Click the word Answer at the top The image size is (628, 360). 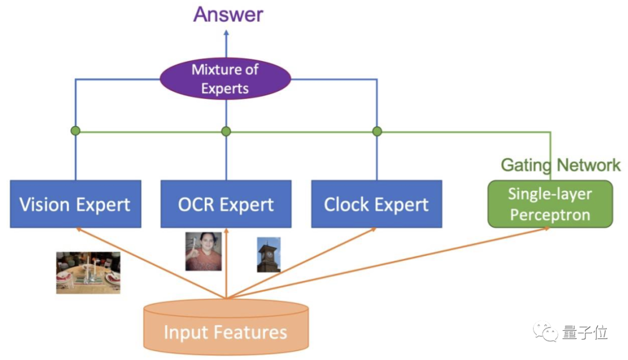click(228, 14)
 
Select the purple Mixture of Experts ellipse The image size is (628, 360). click(225, 79)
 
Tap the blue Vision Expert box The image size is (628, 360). click(75, 204)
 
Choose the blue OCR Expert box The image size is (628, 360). click(226, 204)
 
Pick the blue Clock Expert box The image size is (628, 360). click(376, 204)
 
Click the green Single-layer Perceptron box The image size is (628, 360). click(549, 204)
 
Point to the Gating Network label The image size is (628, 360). click(560, 165)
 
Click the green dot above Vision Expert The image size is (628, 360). click(76, 131)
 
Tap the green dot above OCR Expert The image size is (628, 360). click(226, 131)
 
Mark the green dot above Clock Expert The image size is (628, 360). click(377, 131)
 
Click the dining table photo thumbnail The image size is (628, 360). click(88, 272)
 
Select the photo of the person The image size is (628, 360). click(204, 251)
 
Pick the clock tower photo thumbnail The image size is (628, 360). click(269, 255)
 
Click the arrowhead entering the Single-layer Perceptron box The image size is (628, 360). click(547, 229)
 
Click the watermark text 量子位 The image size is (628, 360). click(584, 333)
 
